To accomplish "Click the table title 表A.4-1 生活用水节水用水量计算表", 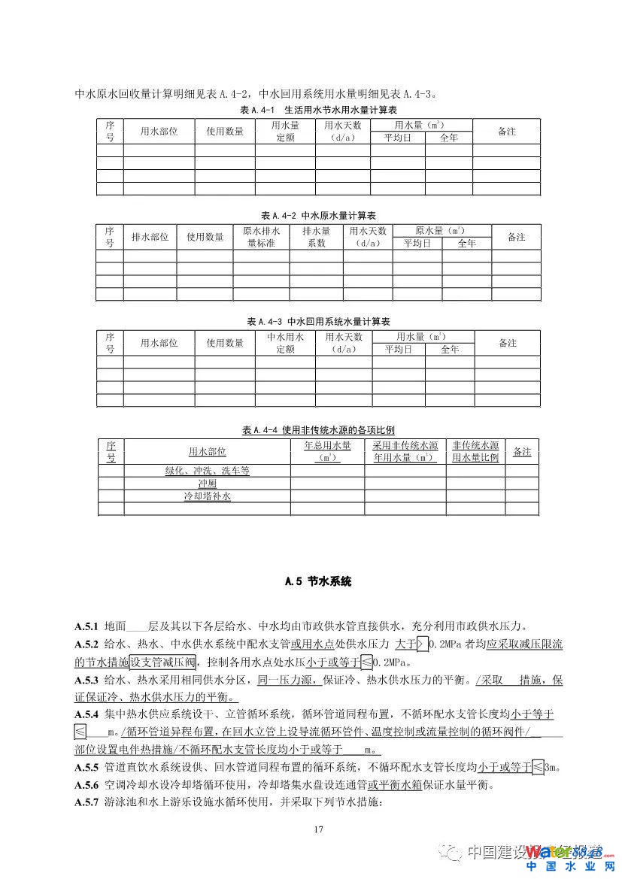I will pyautogui.click(x=318, y=110).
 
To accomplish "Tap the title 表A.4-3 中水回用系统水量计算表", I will pyautogui.click(x=318, y=321).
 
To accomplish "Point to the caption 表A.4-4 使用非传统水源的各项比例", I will pyautogui.click(x=318, y=430).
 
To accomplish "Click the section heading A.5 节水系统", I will pyautogui.click(x=318, y=581).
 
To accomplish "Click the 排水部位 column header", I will pyautogui.click(x=150, y=237).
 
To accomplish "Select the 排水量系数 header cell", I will pyautogui.click(x=316, y=237).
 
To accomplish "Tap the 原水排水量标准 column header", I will pyautogui.click(x=260, y=237).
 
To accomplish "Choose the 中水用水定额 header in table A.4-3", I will pyautogui.click(x=284, y=343).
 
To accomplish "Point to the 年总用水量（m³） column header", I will pyautogui.click(x=327, y=451).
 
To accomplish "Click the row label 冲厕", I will pyautogui.click(x=207, y=483).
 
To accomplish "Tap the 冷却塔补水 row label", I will pyautogui.click(x=207, y=496).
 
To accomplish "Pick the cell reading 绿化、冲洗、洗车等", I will pyautogui.click(x=207, y=471).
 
